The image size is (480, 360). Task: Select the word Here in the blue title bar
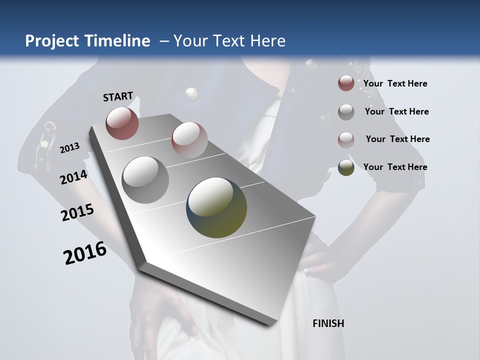[267, 41]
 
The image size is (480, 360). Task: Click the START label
[118, 96]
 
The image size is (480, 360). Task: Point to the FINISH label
[328, 323]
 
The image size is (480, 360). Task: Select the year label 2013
[70, 147]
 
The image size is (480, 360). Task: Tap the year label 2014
[74, 177]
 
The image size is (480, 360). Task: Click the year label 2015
[77, 213]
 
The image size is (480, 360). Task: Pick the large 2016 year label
[85, 253]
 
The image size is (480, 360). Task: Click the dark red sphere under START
[122, 123]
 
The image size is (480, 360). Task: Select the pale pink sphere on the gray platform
[189, 139]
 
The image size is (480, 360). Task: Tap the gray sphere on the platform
[145, 179]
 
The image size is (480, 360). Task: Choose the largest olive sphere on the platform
[216, 207]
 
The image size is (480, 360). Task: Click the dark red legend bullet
[346, 83]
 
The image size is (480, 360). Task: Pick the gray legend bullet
[346, 112]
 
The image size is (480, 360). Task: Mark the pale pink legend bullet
[346, 139]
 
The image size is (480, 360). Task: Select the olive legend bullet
[346, 167]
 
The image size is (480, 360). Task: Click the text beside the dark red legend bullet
[395, 83]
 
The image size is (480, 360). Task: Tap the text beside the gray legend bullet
[396, 111]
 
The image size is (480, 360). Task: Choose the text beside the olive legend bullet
[395, 167]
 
